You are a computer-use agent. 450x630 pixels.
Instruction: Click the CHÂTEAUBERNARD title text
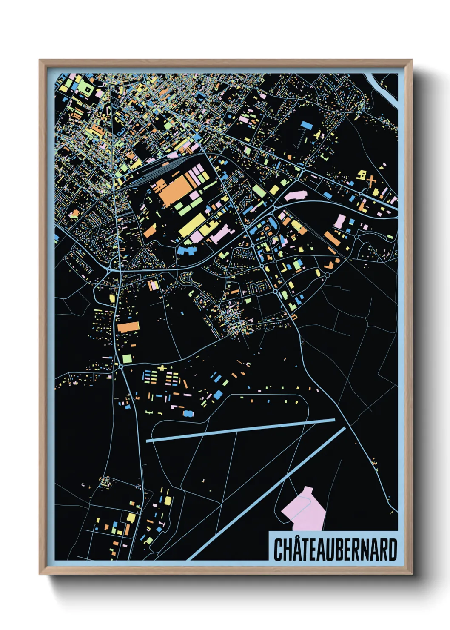(x=335, y=550)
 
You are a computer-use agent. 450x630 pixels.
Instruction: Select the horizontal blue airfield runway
(x=240, y=430)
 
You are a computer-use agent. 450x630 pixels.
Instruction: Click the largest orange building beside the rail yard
(x=174, y=189)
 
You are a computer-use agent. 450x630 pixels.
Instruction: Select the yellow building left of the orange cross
(x=362, y=175)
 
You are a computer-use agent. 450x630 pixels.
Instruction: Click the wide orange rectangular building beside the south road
(x=128, y=327)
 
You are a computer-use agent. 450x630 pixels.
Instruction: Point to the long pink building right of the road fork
(x=296, y=196)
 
